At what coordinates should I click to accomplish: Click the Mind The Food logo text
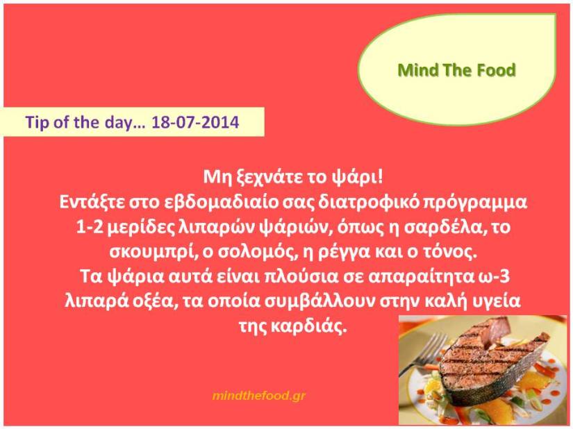tap(456, 70)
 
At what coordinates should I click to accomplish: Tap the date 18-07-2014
tap(195, 122)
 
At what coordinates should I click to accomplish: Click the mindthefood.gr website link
tap(259, 396)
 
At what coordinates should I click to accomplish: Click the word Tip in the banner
tap(37, 122)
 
